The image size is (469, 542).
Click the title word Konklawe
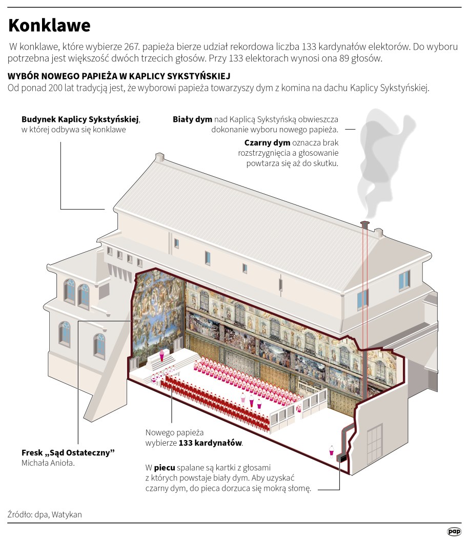[x=49, y=25]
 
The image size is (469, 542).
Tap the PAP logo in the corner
[x=453, y=531]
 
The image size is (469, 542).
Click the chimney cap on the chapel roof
[x=365, y=223]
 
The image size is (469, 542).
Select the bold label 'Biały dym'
[x=193, y=119]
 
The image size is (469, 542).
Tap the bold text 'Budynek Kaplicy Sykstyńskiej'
[x=80, y=119]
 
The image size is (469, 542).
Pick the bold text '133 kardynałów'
[x=210, y=443]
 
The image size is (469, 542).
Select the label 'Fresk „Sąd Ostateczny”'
[x=68, y=453]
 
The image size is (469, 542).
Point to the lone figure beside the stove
[x=332, y=449]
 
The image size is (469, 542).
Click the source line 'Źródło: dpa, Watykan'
[x=45, y=514]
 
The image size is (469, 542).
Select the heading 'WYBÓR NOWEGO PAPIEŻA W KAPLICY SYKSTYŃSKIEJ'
[x=117, y=76]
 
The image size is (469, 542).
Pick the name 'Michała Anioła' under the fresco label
[x=48, y=463]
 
